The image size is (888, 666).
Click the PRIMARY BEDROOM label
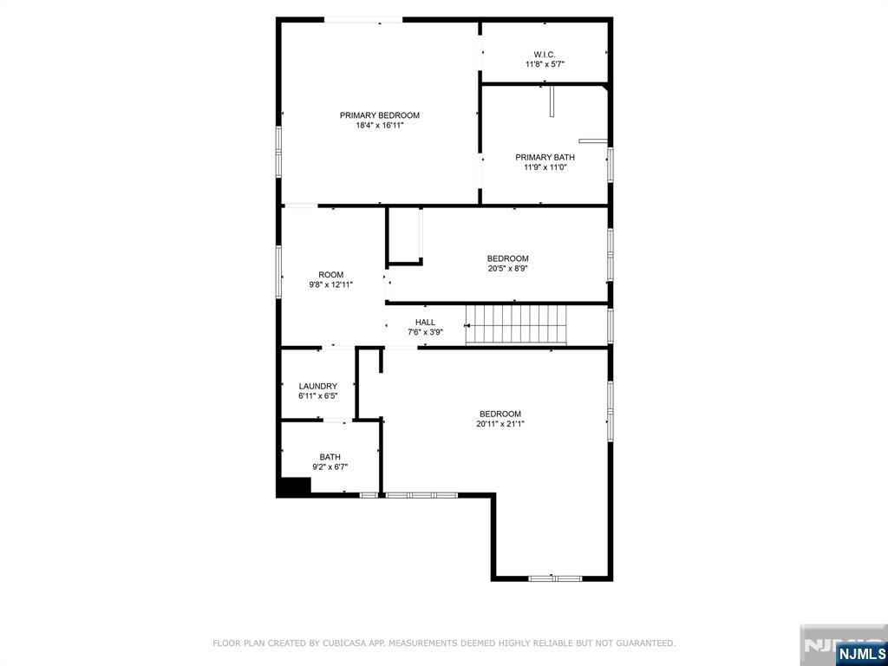[x=380, y=115]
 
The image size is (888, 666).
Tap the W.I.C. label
[x=545, y=55]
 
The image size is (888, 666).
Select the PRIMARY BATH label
[x=545, y=158]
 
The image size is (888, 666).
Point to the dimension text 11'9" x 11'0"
[x=545, y=167]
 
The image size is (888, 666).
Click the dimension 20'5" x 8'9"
[x=507, y=269]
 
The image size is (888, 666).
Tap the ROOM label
[x=330, y=275]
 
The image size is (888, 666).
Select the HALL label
[x=425, y=323]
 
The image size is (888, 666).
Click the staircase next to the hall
[x=516, y=325]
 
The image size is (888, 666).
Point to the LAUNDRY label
[x=318, y=386]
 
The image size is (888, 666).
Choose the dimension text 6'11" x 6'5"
[x=318, y=396]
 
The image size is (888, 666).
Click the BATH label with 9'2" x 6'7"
[x=330, y=457]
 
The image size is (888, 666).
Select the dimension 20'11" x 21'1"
[x=500, y=423]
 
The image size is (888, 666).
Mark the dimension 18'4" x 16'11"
[x=380, y=126]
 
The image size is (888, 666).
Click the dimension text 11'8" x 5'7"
[x=545, y=64]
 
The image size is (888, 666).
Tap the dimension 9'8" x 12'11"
[x=330, y=284]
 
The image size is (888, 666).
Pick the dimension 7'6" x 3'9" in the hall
[x=425, y=332]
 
